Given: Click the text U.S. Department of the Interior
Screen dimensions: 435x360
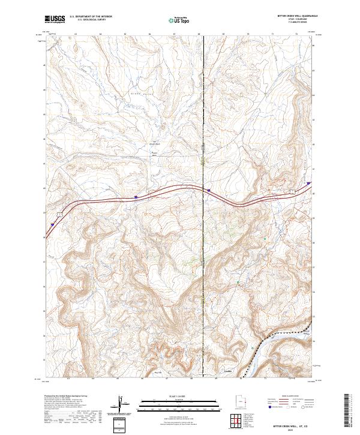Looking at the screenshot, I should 90,17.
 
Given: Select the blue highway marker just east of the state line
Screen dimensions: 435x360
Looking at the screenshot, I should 209,190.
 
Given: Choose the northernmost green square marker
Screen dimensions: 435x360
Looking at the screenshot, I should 266,239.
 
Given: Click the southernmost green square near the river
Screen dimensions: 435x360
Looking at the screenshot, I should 238,281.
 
